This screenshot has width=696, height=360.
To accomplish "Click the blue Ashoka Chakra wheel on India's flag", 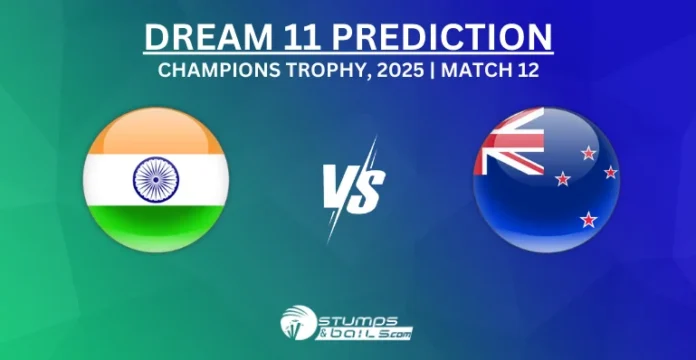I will click(x=155, y=181).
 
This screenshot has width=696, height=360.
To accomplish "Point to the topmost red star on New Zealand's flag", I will click(x=588, y=153).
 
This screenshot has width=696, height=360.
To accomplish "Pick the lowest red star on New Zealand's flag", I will click(x=588, y=217).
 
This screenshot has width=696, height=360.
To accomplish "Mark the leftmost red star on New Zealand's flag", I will click(x=563, y=179).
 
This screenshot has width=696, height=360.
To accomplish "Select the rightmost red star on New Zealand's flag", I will click(x=610, y=172).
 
